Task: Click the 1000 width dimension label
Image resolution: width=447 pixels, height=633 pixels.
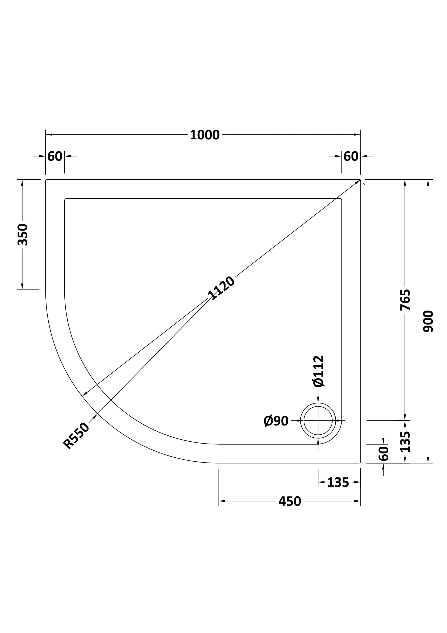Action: (x=205, y=135)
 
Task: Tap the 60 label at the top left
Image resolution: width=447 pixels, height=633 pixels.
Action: (x=55, y=157)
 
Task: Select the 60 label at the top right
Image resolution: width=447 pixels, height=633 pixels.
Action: (x=351, y=157)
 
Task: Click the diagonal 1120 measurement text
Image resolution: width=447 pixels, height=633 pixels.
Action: (x=221, y=288)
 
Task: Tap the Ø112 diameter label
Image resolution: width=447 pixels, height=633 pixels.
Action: (x=318, y=371)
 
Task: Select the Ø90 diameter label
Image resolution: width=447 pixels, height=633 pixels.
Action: (x=276, y=421)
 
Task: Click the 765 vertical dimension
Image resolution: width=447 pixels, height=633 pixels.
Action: (x=405, y=300)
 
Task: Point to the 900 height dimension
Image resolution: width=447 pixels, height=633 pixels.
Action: (x=428, y=321)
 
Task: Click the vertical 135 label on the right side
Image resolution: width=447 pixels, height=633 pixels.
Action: (x=405, y=442)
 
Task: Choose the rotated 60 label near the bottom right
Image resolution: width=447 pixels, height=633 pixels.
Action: (x=383, y=454)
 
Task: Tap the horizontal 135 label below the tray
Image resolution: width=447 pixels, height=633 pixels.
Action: (x=338, y=483)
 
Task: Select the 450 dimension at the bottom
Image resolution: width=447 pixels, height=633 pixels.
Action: (x=290, y=501)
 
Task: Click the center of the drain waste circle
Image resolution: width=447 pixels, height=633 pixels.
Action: (x=318, y=421)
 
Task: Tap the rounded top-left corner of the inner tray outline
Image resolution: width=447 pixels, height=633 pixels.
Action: (x=65, y=199)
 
